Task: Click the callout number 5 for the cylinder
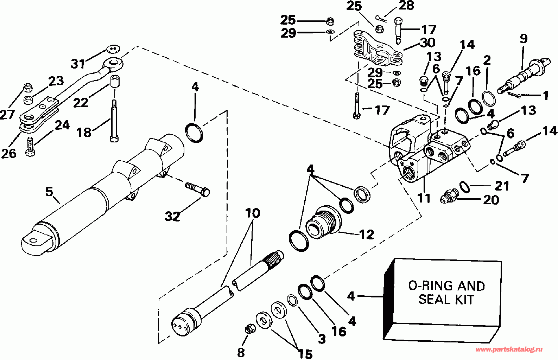click(49, 192)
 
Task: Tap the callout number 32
click(173, 216)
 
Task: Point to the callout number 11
click(424, 198)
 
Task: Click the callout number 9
click(524, 38)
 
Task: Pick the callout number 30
click(427, 43)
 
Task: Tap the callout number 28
click(406, 6)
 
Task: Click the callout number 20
click(492, 200)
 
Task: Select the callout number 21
click(502, 186)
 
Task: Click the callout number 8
click(241, 352)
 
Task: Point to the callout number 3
click(322, 339)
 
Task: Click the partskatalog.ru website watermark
click(509, 349)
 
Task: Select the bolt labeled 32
click(197, 189)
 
